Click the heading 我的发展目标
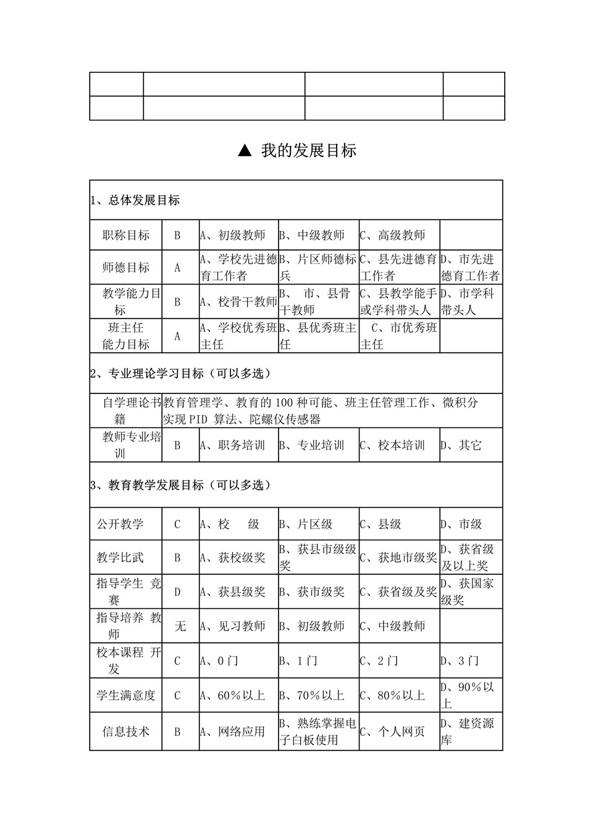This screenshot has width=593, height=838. [x=308, y=151]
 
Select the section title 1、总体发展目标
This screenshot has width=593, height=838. [x=135, y=200]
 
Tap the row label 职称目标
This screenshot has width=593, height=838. [x=126, y=235]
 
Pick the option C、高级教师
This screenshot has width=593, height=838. [x=393, y=235]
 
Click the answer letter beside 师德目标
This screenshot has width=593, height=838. [x=177, y=267]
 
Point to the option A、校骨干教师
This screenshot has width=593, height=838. [x=238, y=302]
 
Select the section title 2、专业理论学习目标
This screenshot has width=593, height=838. [x=180, y=374]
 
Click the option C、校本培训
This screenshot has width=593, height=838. [x=393, y=445]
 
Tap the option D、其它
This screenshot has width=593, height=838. [x=461, y=445]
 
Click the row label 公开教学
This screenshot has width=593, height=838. [x=120, y=524]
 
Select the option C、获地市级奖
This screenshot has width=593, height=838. [x=399, y=558]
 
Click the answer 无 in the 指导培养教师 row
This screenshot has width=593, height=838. [x=180, y=626]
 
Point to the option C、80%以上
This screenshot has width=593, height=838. [x=393, y=695]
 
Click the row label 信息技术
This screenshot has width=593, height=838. [x=126, y=732]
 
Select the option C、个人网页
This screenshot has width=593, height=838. [x=393, y=732]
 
